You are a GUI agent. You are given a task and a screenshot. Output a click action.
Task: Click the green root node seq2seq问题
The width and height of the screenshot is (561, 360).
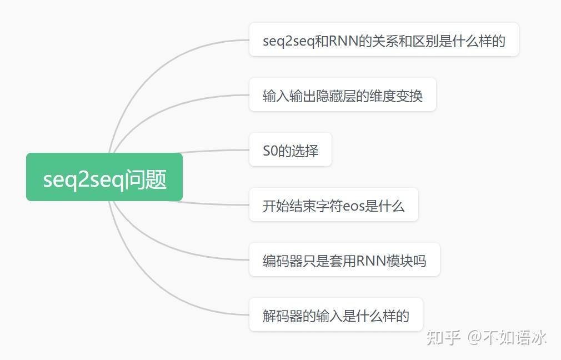point(104,177)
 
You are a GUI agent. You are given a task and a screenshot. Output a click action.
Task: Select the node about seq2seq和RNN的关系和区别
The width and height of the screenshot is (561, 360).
point(384,40)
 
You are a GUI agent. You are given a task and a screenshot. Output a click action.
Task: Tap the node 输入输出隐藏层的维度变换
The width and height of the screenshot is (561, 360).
point(342,95)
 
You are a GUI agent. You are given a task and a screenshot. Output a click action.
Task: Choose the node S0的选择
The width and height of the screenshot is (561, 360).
point(290,150)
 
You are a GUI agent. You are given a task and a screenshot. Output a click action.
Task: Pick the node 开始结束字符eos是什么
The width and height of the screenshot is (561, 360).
point(333,205)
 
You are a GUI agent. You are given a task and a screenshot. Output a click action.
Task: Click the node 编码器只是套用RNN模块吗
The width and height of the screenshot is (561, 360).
point(344,260)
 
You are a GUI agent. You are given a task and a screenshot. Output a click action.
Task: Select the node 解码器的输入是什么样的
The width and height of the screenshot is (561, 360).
point(335,315)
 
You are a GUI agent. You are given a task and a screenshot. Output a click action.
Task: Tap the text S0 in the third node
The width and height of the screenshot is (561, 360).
point(269,151)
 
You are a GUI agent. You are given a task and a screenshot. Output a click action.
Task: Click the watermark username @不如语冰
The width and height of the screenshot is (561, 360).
point(507,337)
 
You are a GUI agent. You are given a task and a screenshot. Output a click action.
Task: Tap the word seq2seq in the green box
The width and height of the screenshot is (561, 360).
point(83,179)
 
